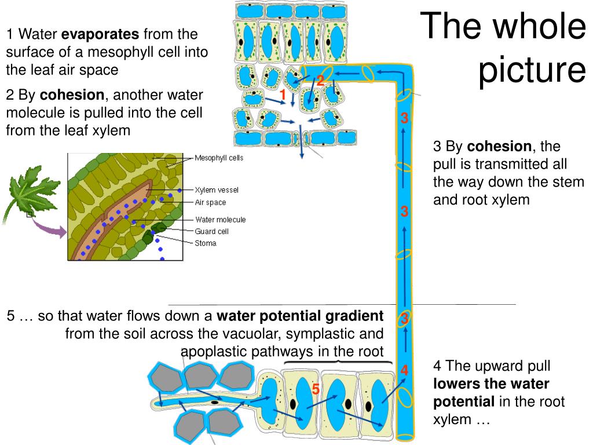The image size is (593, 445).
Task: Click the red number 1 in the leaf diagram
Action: [283, 94]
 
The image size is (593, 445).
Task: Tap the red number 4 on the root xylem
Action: [404, 370]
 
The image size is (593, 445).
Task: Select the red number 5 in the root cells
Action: [316, 389]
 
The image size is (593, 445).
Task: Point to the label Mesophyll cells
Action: [219, 158]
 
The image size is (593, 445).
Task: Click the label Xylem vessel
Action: [216, 190]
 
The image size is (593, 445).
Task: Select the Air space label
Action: [210, 203]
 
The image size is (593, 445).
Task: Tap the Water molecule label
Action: [220, 220]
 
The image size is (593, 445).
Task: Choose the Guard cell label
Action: [211, 231]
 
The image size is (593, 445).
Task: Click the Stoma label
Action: [206, 243]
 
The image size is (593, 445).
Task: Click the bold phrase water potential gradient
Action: [300, 316]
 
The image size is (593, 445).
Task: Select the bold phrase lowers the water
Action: [491, 384]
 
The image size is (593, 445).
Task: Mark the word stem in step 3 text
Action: [569, 182]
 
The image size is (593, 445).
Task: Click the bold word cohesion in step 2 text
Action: [72, 95]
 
